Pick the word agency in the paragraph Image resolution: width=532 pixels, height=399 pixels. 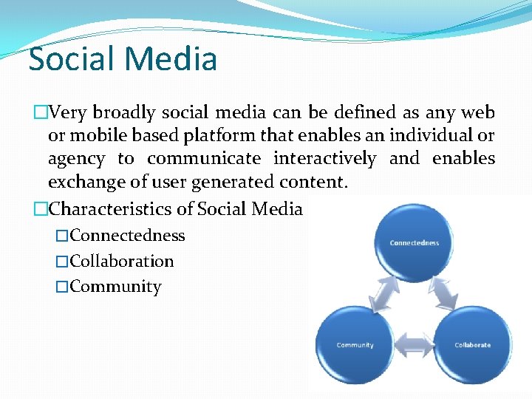tap(76, 159)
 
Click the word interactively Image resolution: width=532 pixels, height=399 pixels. tap(324, 158)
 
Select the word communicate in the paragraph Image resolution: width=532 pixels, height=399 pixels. tap(203, 158)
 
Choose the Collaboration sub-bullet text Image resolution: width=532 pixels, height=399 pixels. tap(123, 262)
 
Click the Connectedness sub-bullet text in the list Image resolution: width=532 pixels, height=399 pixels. tap(128, 236)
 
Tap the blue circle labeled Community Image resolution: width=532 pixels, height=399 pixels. tap(355, 345)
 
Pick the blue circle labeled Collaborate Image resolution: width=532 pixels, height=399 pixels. tap(472, 345)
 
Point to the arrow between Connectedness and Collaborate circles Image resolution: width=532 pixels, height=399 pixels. tap(446, 293)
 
